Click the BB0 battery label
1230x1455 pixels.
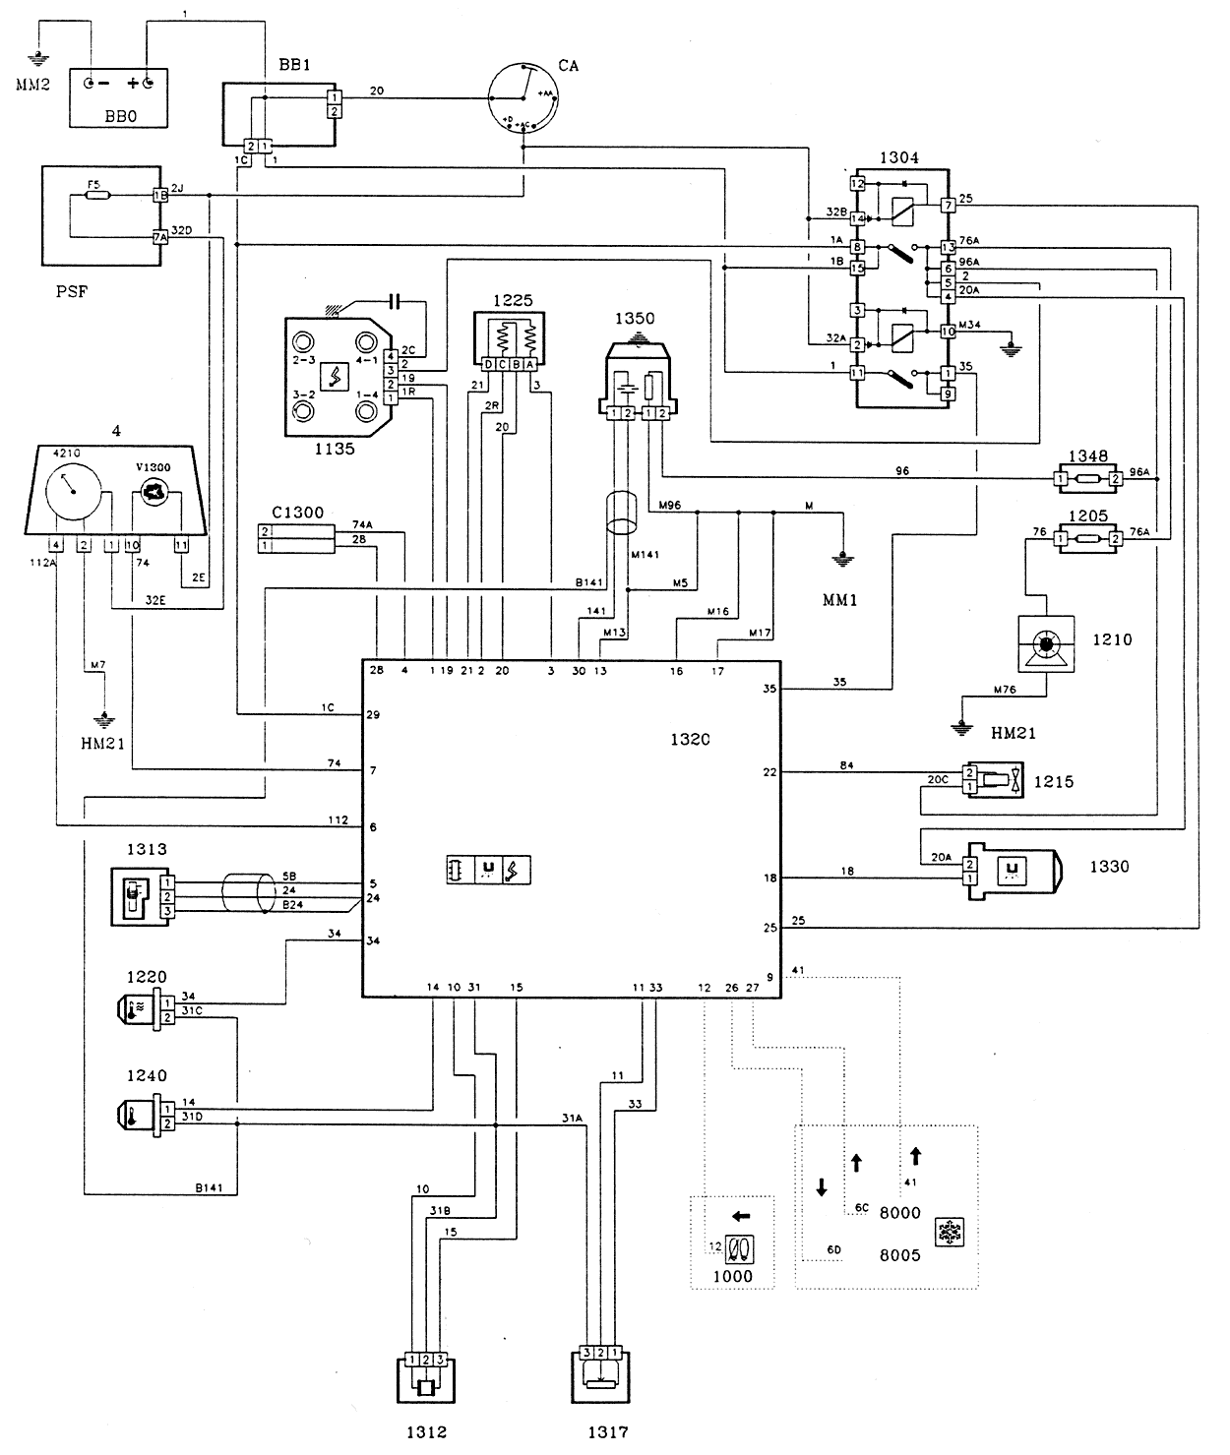tap(117, 115)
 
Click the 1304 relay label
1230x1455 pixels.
tap(898, 157)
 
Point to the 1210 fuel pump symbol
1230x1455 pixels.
tap(1045, 646)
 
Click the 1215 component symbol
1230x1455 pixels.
tap(994, 780)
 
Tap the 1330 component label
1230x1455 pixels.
tap(1109, 867)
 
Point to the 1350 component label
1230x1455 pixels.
tap(635, 320)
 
